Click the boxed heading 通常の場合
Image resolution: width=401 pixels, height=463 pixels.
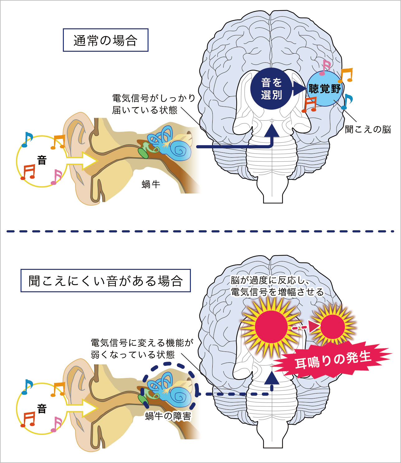pyautogui.click(x=106, y=40)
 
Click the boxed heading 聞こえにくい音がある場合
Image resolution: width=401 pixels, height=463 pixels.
pyautogui.click(x=106, y=281)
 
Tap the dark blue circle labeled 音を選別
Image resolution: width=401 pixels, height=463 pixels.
pyautogui.click(x=271, y=89)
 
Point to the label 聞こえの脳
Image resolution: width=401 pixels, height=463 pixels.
pyautogui.click(x=368, y=129)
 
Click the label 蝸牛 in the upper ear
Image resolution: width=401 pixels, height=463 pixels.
pyautogui.click(x=151, y=184)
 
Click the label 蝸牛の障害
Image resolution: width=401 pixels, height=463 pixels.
pyautogui.click(x=168, y=416)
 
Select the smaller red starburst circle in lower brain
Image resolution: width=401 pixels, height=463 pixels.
pyautogui.click(x=333, y=327)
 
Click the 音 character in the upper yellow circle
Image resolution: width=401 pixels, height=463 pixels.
pyautogui.click(x=42, y=160)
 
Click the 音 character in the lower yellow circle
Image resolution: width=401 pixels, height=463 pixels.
pyautogui.click(x=42, y=408)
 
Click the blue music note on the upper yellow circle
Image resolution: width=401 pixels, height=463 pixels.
pyautogui.click(x=27, y=139)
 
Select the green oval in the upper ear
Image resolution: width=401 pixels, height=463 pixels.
pyautogui.click(x=143, y=153)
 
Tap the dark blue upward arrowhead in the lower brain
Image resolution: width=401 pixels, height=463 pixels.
pyautogui.click(x=272, y=377)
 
